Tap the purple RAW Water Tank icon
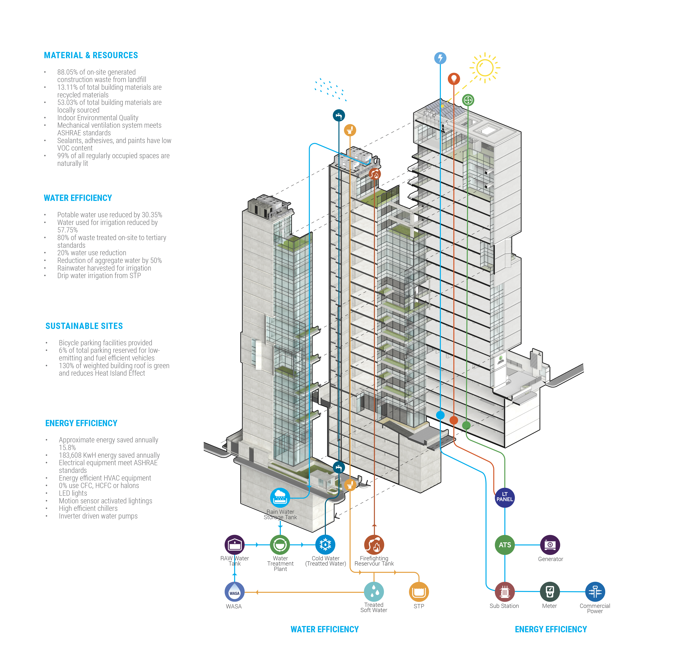point(234,544)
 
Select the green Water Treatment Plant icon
point(280,544)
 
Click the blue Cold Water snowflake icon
point(325,544)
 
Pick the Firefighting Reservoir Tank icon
point(374,544)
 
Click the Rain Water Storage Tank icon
point(280,497)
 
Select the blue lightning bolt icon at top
point(440,58)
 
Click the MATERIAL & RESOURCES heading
point(91,55)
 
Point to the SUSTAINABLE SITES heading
point(84,326)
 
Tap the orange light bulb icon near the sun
point(454,79)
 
